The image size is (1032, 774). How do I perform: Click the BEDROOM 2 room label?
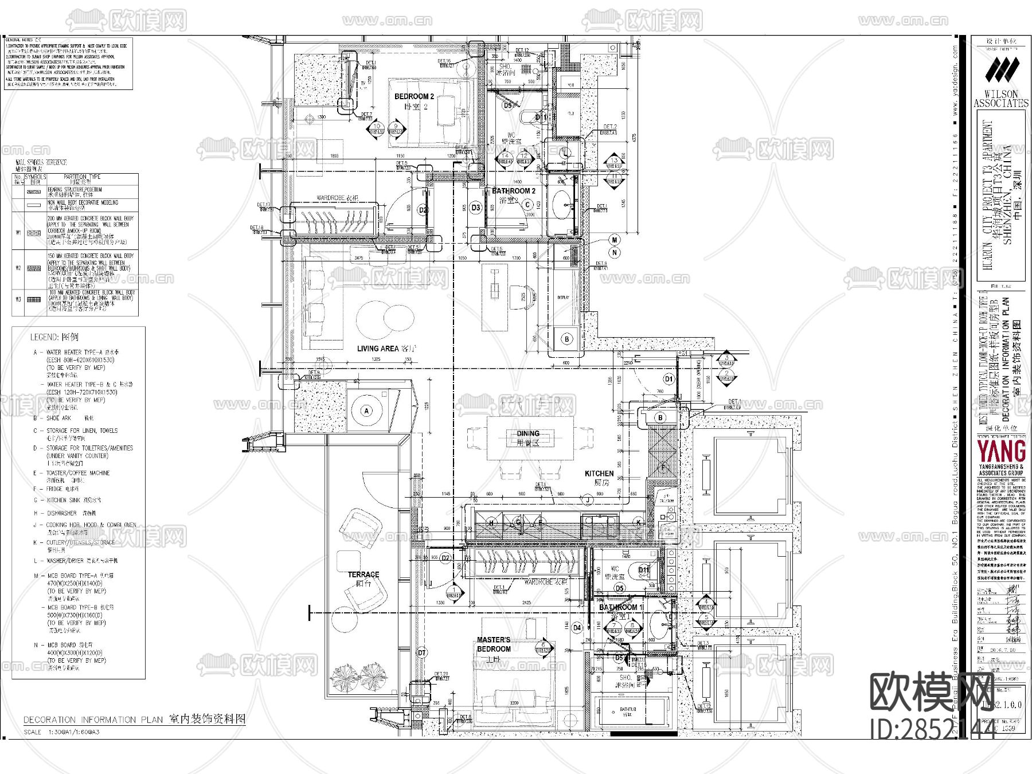pyautogui.click(x=414, y=97)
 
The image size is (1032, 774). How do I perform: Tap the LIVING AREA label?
pyautogui.click(x=378, y=348)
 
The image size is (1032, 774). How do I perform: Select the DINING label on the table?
pyautogui.click(x=528, y=434)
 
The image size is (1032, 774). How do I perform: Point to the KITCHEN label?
pyautogui.click(x=599, y=474)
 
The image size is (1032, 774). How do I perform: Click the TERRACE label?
pyautogui.click(x=363, y=574)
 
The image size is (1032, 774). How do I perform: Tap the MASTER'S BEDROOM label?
pyautogui.click(x=494, y=644)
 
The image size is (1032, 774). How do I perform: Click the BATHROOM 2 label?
pyautogui.click(x=514, y=191)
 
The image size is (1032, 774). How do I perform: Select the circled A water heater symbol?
pyautogui.click(x=367, y=411)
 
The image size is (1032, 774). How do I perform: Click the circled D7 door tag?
pyautogui.click(x=422, y=653)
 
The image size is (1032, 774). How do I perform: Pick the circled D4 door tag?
pyautogui.click(x=577, y=628)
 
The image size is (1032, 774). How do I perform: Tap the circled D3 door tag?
pyautogui.click(x=475, y=208)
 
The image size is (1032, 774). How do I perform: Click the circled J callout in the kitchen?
pyautogui.click(x=588, y=501)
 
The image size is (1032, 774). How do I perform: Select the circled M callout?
pyautogui.click(x=615, y=240)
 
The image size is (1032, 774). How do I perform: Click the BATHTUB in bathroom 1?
pyautogui.click(x=627, y=712)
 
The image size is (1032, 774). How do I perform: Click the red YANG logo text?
pyautogui.click(x=1001, y=451)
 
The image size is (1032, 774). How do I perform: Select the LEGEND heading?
pyautogui.click(x=54, y=337)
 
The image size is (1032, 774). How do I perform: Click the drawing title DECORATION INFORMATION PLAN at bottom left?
pyautogui.click(x=95, y=720)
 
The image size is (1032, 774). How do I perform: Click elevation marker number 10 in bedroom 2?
pyautogui.click(x=377, y=126)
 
